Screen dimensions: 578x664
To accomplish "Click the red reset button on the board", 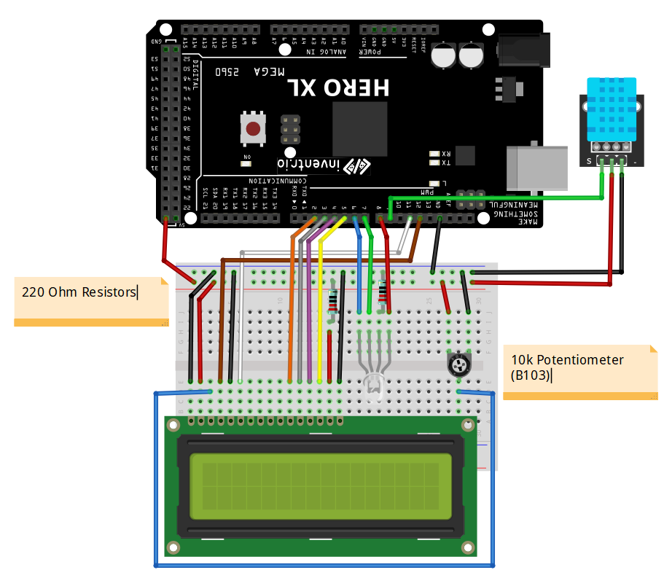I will [x=253, y=129].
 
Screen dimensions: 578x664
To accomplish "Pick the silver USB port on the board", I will [x=538, y=167].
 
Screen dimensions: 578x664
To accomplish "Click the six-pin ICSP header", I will [x=291, y=128].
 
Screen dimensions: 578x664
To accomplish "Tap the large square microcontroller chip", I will [x=359, y=128].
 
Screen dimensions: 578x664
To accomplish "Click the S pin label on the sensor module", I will [x=589, y=160].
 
